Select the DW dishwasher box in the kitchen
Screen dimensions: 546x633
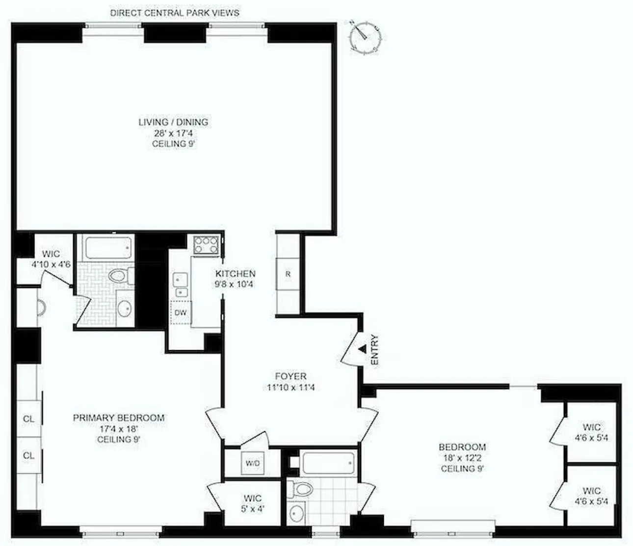181,312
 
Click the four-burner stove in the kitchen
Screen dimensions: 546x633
206,245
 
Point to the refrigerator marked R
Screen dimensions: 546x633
288,274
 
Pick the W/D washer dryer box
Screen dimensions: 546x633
253,463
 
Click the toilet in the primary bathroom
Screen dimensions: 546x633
119,276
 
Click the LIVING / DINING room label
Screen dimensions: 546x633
173,122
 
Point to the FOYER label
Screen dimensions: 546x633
290,376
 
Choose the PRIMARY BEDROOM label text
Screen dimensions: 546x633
119,418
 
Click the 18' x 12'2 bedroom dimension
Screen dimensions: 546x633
462,458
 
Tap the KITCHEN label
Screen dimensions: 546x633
236,274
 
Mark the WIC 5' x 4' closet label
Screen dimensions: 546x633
252,504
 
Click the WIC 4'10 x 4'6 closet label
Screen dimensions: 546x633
51,259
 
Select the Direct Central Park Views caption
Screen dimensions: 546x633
175,13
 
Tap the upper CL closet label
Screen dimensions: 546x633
29,419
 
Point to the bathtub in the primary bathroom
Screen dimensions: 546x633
109,248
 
